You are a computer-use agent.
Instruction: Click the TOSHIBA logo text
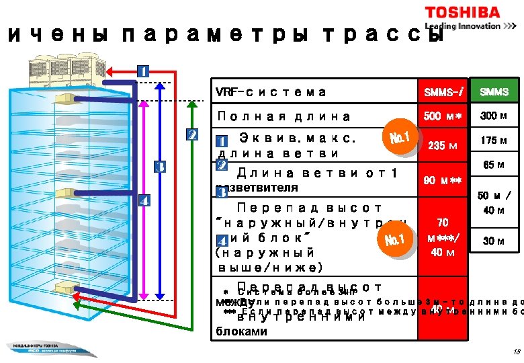[x=462, y=13]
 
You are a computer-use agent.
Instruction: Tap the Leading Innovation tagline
[x=464, y=26]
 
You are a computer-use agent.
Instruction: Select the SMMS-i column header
[x=443, y=92]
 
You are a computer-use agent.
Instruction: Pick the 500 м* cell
[x=443, y=116]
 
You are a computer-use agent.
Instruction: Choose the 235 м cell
[x=442, y=147]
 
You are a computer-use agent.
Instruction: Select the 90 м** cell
[x=442, y=181]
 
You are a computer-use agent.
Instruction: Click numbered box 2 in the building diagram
[x=191, y=134]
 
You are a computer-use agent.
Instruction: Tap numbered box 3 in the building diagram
[x=160, y=167]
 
